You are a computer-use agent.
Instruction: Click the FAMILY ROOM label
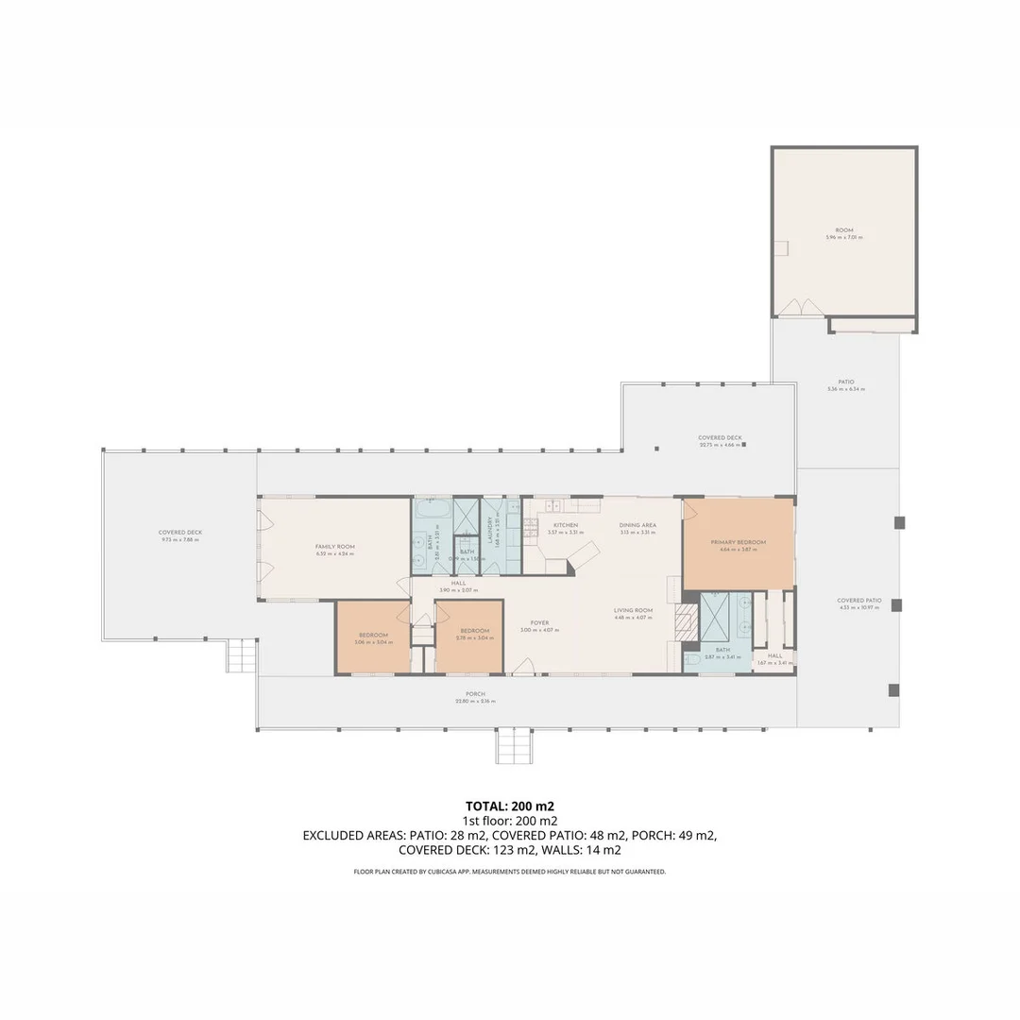tap(334, 547)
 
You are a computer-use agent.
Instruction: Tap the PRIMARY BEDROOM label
tap(738, 542)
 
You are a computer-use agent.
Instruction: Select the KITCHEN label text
tap(565, 525)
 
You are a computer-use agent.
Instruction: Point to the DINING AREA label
tap(637, 525)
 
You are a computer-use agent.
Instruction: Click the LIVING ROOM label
tap(633, 610)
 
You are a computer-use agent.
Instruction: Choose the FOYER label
tap(539, 622)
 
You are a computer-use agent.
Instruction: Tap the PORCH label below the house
tap(474, 694)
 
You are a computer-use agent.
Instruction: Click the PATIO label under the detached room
tap(845, 382)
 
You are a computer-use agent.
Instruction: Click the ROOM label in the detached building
tap(843, 230)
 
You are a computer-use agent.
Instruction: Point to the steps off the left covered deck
tap(241, 655)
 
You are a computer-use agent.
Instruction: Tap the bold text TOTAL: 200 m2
tap(510, 807)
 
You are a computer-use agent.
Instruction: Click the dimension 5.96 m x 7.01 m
tap(843, 238)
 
